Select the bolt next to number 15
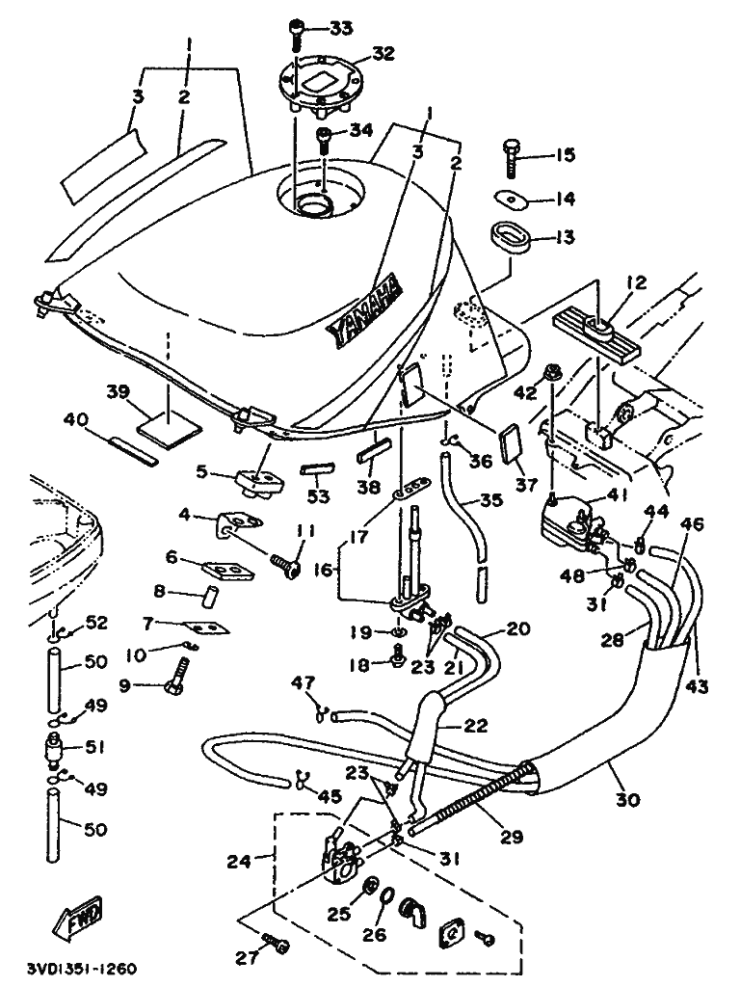pos(512,154)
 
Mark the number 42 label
pos(524,392)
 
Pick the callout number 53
pos(319,496)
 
